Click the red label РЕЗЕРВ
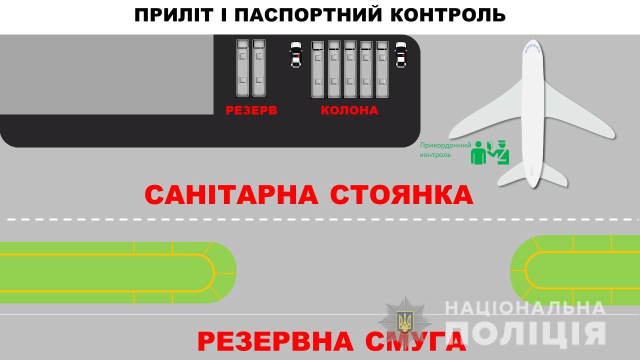tap(251, 110)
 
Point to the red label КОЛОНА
tap(349, 110)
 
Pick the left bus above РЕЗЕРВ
tap(242, 68)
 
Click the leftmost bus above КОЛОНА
tap(317, 69)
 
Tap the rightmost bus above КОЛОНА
tap(382, 69)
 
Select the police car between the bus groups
tap(295, 55)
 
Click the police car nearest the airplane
tap(401, 55)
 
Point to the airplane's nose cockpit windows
tap(532, 48)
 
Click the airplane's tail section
tap(532, 174)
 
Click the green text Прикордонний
tap(445, 145)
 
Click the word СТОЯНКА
tap(401, 194)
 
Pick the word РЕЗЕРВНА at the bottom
tap(275, 341)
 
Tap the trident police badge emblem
tap(405, 321)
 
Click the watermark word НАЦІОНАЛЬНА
tap(525, 308)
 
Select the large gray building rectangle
tap(106, 74)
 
